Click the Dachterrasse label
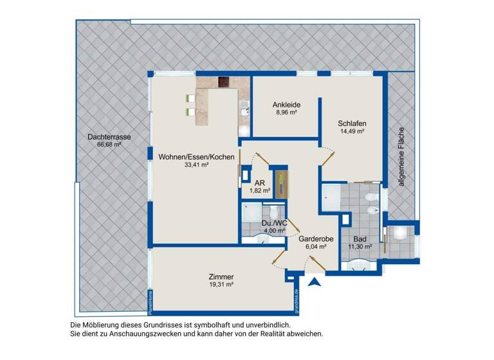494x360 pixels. click(x=110, y=137)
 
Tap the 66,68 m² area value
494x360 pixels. click(x=110, y=145)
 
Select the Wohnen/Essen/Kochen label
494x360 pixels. click(x=188, y=156)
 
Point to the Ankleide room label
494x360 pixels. click(x=286, y=105)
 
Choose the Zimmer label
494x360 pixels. click(x=221, y=276)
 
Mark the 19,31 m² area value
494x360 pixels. click(x=221, y=284)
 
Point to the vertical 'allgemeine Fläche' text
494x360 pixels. click(x=401, y=155)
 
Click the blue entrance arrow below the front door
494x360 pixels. click(x=315, y=282)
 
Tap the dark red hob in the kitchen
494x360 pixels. click(x=224, y=83)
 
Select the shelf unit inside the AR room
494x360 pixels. click(x=280, y=184)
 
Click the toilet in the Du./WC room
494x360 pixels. click(x=274, y=212)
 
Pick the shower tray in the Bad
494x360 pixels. click(x=333, y=196)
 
